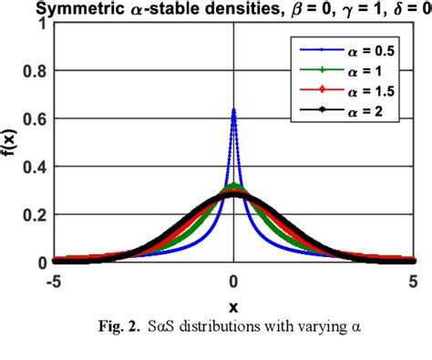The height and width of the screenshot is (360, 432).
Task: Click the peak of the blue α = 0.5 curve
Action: [x=234, y=110]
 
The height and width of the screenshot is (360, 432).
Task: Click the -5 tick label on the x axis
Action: [x=53, y=280]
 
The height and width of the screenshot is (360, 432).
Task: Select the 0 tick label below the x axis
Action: [x=234, y=280]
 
